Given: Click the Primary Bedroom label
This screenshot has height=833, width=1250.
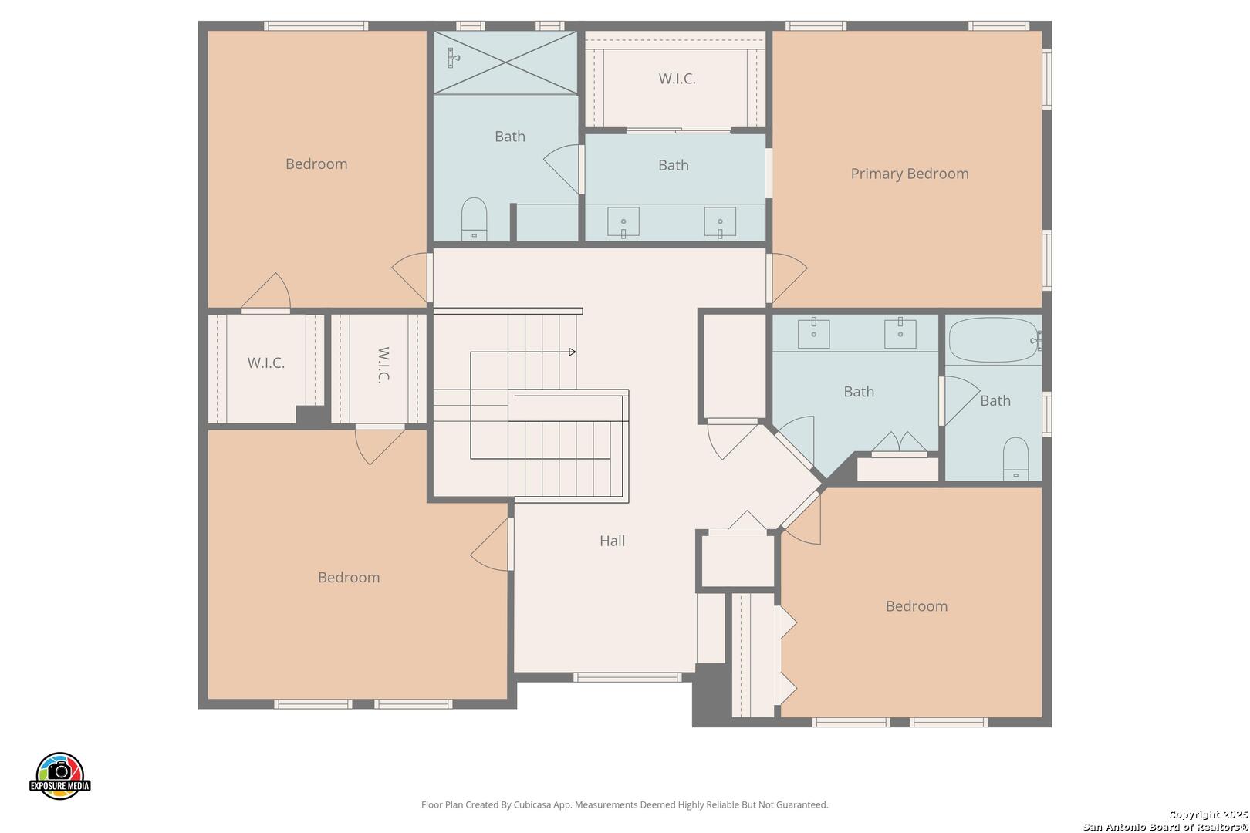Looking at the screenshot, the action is click(x=909, y=174).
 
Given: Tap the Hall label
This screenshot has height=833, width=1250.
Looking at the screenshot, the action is click(x=612, y=541).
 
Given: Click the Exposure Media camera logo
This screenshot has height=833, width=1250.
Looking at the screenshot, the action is click(x=59, y=776).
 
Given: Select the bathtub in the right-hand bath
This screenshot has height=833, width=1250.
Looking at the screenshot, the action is click(x=994, y=340).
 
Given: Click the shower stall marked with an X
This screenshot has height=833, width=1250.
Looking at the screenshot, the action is click(x=505, y=62).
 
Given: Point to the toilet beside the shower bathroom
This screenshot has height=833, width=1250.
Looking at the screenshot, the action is click(x=475, y=219).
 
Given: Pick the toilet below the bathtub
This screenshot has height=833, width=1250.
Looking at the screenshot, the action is click(x=1015, y=459).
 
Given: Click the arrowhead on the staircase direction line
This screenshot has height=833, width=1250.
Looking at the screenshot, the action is click(x=573, y=352).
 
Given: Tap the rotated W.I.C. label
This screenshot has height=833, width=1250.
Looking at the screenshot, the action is click(x=383, y=366).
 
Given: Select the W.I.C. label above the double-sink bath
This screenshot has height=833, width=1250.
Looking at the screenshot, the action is click(x=677, y=79).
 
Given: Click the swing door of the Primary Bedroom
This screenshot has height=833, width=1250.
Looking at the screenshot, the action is click(x=787, y=278).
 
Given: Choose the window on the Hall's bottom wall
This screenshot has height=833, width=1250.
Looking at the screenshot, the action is click(x=627, y=677).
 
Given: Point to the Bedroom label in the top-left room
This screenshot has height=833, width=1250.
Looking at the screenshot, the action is click(x=316, y=164).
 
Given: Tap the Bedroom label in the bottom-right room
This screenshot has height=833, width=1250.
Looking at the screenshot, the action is click(x=917, y=606).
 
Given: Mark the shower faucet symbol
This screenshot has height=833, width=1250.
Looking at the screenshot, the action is click(x=453, y=58).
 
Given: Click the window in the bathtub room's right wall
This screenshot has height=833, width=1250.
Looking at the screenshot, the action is click(x=1047, y=414).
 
